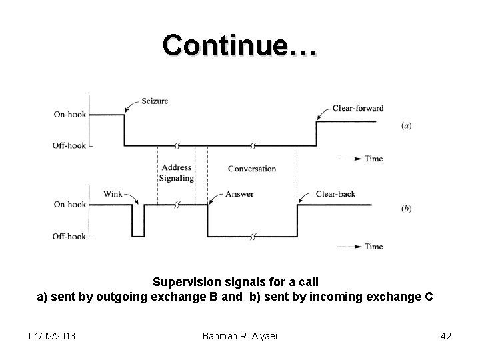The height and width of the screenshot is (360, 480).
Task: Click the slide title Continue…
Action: [240, 45]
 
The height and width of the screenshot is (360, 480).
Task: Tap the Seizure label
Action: [155, 101]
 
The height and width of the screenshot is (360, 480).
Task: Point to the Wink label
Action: [113, 194]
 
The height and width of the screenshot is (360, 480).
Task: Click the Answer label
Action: [239, 194]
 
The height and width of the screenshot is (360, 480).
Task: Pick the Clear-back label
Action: [335, 194]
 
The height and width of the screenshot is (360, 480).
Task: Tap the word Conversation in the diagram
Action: [251, 169]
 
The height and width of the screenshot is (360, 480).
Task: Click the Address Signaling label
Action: [176, 173]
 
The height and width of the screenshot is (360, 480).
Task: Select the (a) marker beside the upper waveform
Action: [406, 125]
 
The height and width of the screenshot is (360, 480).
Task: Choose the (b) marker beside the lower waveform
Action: [406, 209]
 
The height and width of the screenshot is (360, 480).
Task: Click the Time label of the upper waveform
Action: [374, 159]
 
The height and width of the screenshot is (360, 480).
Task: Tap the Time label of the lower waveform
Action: [374, 246]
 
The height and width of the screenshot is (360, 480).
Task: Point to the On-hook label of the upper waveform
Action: [70, 115]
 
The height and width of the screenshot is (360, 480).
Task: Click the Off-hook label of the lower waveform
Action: [70, 236]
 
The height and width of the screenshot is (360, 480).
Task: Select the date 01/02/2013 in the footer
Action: [52, 336]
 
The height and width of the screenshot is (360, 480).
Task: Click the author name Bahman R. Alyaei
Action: [239, 336]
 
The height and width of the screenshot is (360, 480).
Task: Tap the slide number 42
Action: [445, 336]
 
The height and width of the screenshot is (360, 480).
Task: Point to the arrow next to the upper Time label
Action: [351, 159]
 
